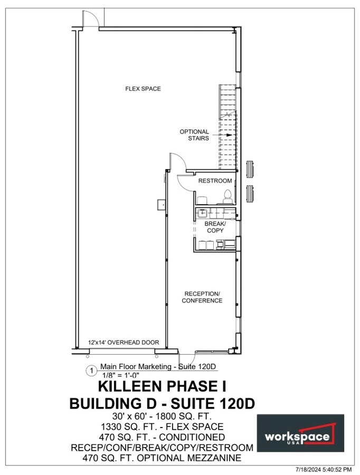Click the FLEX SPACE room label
click(x=143, y=89)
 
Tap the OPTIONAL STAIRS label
click(x=194, y=135)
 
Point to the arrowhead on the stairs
click(x=229, y=135)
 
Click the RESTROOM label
click(x=215, y=181)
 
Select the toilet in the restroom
click(x=228, y=196)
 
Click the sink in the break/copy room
click(x=202, y=213)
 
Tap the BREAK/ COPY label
click(x=214, y=227)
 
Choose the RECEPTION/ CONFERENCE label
click(x=202, y=297)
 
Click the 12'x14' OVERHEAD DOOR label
click(x=124, y=343)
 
